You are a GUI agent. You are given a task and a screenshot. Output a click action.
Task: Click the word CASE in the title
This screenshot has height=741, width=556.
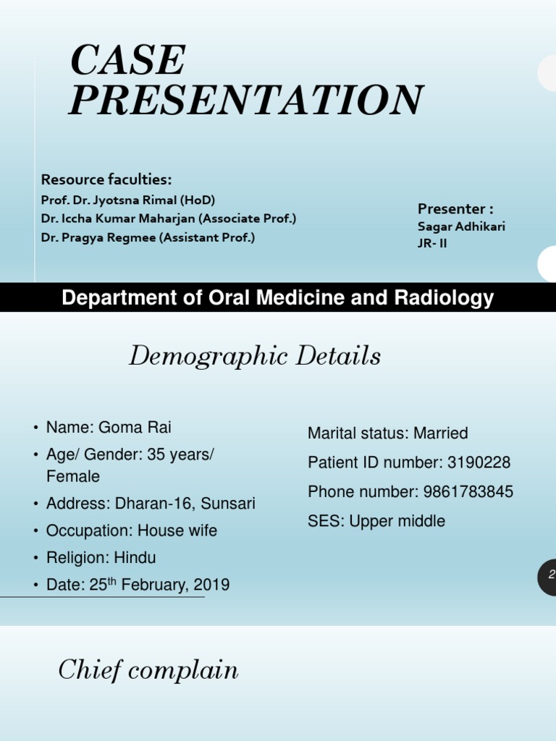128,61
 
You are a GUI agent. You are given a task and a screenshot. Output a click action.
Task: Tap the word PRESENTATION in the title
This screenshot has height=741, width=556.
245,100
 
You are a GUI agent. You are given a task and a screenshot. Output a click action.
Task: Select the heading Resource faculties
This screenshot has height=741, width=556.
106,179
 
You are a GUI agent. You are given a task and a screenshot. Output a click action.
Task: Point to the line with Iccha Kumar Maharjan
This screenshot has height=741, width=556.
168,219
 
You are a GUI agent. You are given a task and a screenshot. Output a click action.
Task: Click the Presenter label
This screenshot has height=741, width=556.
455,208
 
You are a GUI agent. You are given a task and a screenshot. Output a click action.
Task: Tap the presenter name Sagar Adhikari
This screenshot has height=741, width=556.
461,226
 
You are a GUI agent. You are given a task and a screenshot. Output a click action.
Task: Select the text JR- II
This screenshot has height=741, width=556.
432,243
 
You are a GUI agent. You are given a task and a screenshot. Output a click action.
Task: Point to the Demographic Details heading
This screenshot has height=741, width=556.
255,356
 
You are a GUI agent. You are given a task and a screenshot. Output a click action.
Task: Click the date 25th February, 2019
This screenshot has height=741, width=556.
159,585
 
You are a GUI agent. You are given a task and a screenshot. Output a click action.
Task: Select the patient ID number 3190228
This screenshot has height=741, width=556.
479,462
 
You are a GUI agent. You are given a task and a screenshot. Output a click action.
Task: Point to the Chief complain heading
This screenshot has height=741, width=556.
148,671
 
